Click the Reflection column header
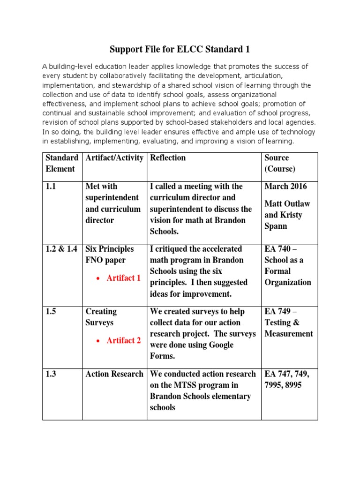(x=168, y=158)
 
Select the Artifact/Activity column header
(x=114, y=158)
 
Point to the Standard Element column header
(x=62, y=163)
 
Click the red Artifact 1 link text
(x=123, y=278)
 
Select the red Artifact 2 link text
(x=123, y=341)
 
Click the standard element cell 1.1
(x=52, y=187)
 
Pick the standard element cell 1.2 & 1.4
(x=61, y=249)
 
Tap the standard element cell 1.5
(x=52, y=312)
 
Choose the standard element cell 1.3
(x=52, y=374)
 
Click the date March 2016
(x=286, y=187)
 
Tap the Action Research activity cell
(x=114, y=374)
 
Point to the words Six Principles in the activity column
(x=110, y=249)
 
